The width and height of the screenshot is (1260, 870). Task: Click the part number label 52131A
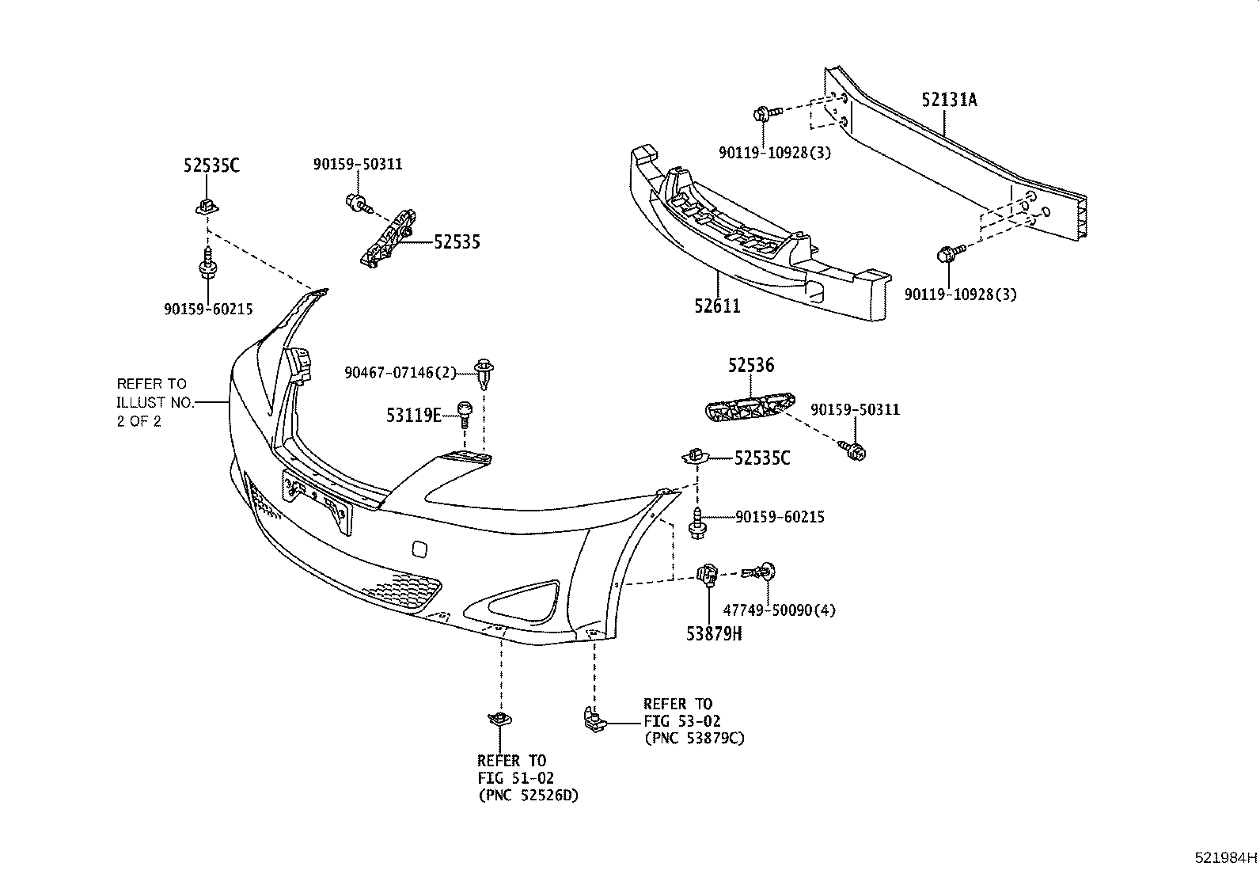click(x=949, y=100)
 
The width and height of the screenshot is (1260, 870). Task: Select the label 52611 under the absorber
click(x=717, y=306)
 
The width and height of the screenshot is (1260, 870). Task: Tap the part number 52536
click(x=751, y=365)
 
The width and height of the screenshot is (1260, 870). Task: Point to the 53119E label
click(x=413, y=415)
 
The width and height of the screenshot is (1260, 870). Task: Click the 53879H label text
click(x=714, y=633)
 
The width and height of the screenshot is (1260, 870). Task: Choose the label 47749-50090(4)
click(x=780, y=610)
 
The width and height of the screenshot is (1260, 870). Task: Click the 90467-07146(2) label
click(x=400, y=371)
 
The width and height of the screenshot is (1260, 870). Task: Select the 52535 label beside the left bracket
click(x=457, y=242)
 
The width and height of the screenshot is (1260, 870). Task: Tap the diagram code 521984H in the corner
click(x=1225, y=857)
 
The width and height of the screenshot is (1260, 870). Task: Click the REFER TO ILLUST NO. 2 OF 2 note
click(x=154, y=402)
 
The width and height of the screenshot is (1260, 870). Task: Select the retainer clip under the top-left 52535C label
click(x=207, y=207)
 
